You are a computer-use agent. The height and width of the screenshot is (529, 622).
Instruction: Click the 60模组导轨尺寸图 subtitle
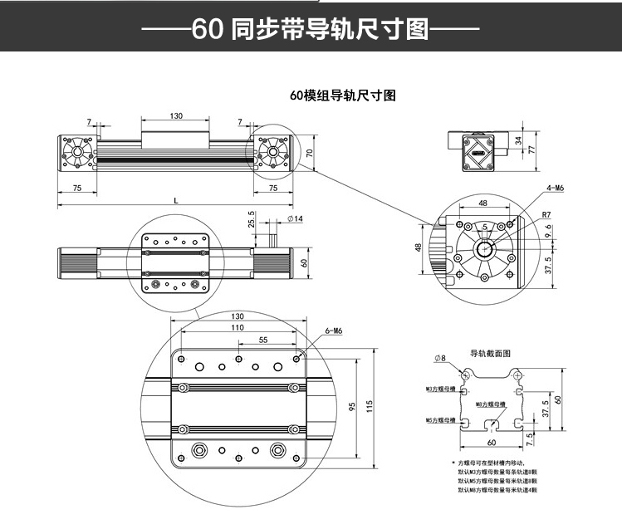[343, 96]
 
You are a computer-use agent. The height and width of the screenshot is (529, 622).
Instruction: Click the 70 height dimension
[309, 153]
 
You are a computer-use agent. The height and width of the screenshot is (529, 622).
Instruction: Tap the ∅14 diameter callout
[295, 218]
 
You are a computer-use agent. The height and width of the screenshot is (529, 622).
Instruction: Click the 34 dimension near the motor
[520, 140]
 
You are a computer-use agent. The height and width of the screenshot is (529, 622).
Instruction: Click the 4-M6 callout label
[556, 189]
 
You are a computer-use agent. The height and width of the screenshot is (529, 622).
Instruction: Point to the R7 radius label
[546, 215]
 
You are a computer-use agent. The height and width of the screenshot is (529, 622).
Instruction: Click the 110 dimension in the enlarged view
[238, 328]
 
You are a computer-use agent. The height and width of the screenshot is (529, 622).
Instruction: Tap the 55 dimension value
[263, 340]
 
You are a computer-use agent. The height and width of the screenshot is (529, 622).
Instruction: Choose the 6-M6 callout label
[334, 331]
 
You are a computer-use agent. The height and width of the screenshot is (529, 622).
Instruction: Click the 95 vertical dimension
[352, 407]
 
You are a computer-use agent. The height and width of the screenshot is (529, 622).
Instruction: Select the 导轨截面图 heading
[490, 353]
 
